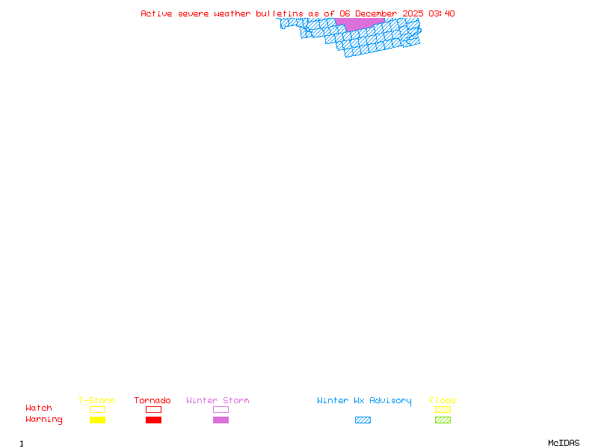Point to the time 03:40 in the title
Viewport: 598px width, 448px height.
(x=442, y=13)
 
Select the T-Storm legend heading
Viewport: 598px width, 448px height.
(x=96, y=401)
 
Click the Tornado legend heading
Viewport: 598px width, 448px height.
(x=152, y=401)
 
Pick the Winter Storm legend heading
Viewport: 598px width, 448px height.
(x=218, y=401)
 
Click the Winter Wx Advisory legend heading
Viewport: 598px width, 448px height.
(x=364, y=401)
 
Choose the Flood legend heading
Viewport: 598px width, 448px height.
(x=443, y=401)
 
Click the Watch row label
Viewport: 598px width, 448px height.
(x=39, y=408)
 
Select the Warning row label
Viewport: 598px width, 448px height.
(x=44, y=420)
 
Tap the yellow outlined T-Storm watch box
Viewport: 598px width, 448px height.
(x=97, y=409)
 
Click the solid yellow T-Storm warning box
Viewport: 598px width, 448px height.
(x=97, y=420)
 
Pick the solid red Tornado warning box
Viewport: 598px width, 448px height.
(x=153, y=420)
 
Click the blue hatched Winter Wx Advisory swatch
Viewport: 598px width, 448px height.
(x=363, y=420)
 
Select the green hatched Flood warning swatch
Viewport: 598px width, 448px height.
(x=443, y=420)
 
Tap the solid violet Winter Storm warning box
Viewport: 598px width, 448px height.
(x=221, y=420)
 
